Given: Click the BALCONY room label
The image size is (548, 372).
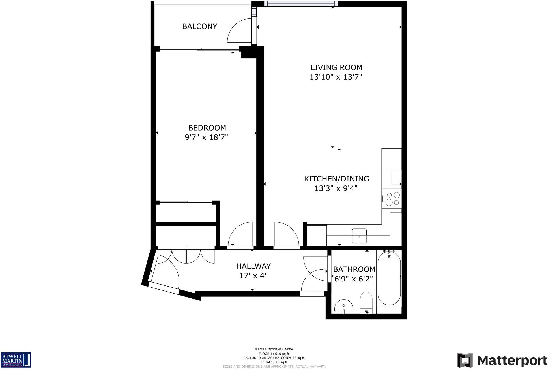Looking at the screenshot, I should [x=199, y=26].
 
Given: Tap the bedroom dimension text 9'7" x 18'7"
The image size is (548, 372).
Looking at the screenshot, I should [x=206, y=137].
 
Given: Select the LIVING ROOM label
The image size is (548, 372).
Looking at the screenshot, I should [x=336, y=67].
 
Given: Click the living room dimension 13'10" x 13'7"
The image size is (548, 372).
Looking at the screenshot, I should [x=336, y=77].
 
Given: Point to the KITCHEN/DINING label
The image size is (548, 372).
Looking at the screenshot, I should [x=336, y=179].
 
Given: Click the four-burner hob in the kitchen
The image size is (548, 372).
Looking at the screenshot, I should [x=392, y=198].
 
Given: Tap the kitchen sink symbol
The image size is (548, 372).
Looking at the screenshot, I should [x=359, y=236].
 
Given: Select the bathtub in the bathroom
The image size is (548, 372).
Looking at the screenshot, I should [x=389, y=279].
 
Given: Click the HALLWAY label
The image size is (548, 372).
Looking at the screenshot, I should [x=253, y=266].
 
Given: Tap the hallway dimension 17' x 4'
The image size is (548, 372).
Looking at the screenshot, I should [x=253, y=276].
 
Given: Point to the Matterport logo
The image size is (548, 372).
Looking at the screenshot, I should [x=502, y=361].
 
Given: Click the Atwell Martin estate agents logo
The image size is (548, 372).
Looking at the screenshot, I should [x=16, y=360].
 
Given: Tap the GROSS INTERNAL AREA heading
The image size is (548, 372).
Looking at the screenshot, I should [x=274, y=349].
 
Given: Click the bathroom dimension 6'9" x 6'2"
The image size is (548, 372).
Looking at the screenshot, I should [x=353, y=279].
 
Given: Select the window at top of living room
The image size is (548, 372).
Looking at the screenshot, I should [x=301, y=4].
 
